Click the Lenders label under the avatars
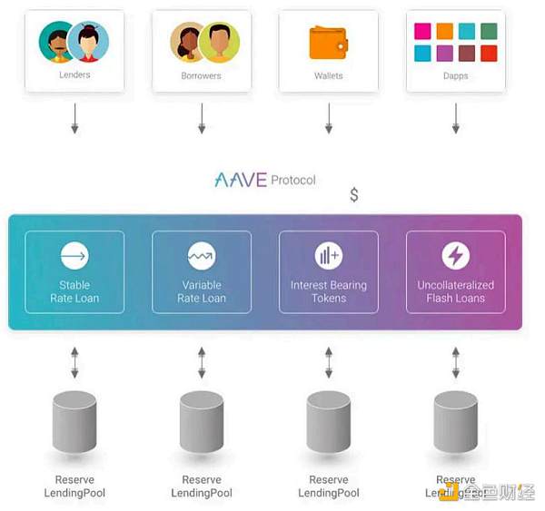(74, 74)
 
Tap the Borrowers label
(201, 75)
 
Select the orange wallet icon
(329, 42)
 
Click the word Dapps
(455, 75)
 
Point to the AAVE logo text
(241, 180)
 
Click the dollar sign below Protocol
(354, 195)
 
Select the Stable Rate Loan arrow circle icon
(74, 257)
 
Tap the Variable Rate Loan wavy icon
(202, 257)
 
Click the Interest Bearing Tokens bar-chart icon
(329, 257)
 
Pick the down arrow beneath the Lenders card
(74, 118)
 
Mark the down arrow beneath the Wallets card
(329, 118)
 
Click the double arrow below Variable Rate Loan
(202, 360)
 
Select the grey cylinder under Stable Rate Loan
(74, 424)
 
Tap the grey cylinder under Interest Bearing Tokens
(329, 424)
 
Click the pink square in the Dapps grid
(422, 32)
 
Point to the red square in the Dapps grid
(489, 54)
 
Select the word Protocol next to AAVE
(293, 180)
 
